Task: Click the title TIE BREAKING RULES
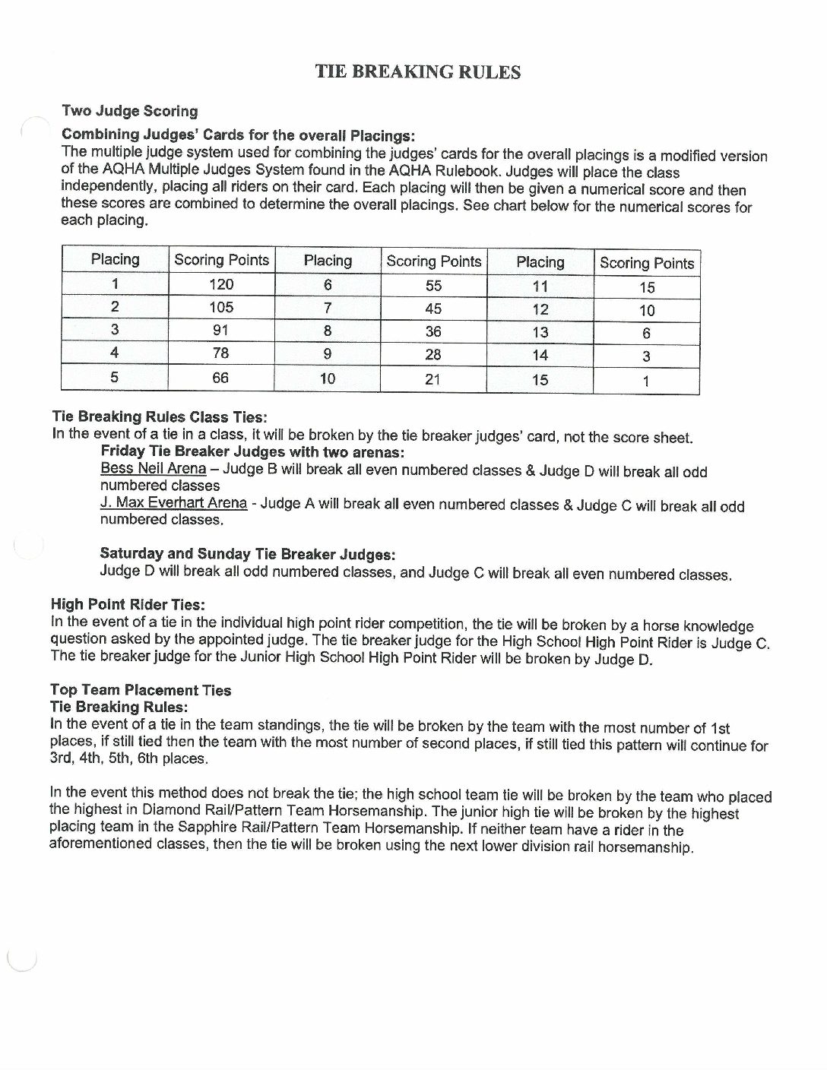point(418,72)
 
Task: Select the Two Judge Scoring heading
point(129,111)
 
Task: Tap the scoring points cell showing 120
point(221,284)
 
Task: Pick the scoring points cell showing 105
point(221,307)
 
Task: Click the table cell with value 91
point(221,330)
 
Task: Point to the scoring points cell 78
point(221,353)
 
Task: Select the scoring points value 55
point(433,286)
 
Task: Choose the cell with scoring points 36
point(433,331)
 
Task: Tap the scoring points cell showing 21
point(433,378)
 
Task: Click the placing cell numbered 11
point(540,286)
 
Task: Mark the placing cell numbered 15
point(540,379)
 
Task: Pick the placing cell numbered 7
point(328,309)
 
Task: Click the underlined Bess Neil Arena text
point(153,468)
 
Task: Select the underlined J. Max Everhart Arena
point(173,502)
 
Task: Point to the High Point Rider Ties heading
point(128,605)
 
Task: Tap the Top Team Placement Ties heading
point(141,690)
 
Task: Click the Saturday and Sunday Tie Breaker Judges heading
point(248,554)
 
